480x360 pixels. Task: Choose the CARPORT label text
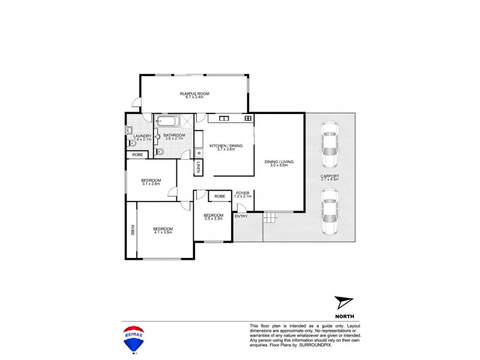330,177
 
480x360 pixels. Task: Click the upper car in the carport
329,146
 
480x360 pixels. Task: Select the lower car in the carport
329,211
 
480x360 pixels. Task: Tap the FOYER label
242,194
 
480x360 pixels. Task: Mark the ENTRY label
241,216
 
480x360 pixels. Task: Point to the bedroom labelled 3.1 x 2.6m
151,182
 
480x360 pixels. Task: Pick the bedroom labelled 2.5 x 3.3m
213,217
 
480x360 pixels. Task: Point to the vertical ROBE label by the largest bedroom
132,230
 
